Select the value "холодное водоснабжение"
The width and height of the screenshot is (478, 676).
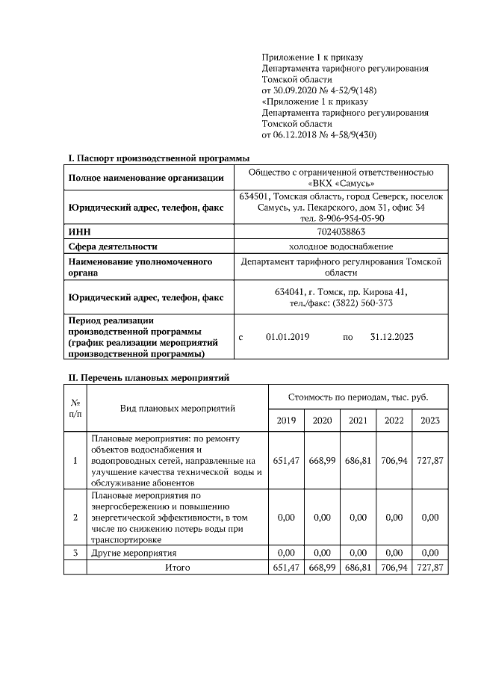[x=341, y=246]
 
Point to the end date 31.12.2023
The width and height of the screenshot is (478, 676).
[x=391, y=337]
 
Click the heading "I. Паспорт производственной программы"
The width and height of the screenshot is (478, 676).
[x=158, y=158]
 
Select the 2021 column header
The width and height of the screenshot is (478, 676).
[x=358, y=421]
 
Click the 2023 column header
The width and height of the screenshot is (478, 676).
[x=430, y=421]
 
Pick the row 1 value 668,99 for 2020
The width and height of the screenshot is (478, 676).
[x=322, y=461]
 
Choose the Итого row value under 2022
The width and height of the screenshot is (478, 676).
[x=394, y=568]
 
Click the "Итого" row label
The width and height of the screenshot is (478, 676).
[x=177, y=568]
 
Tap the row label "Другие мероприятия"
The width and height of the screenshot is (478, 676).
[x=134, y=553]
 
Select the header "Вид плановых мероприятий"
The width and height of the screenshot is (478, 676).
[x=177, y=409]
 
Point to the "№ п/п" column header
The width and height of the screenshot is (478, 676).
[x=75, y=409]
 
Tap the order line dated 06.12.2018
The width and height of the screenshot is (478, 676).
[x=319, y=135]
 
